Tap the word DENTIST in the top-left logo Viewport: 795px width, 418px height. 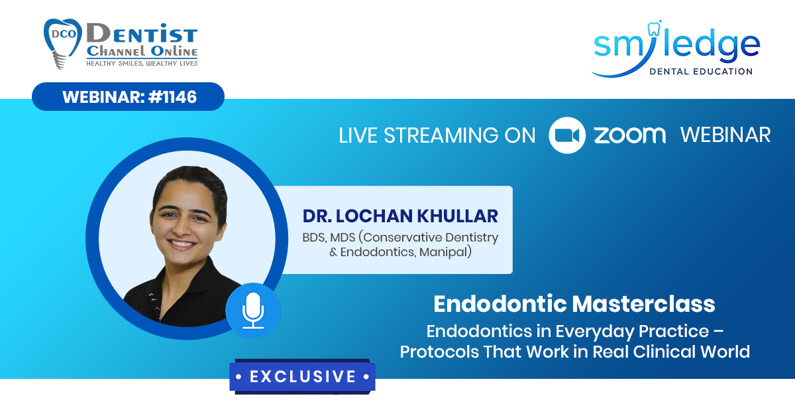[142, 34]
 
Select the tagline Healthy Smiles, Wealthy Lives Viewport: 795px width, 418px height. [142, 63]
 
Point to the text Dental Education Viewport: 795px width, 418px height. [701, 72]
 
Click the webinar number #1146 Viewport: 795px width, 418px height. [172, 97]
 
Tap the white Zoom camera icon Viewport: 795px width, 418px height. [567, 135]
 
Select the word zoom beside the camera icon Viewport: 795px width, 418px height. [630, 135]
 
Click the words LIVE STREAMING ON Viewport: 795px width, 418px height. [437, 135]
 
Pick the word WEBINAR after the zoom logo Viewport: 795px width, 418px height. [725, 135]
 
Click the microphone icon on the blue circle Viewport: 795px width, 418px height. [253, 311]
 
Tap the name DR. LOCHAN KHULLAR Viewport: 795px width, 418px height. [400, 216]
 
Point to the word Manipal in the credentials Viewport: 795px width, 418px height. [445, 252]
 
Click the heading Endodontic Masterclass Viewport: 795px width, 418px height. [574, 304]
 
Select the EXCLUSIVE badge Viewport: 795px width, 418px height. [302, 377]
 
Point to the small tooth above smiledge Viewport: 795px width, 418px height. [654, 28]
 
